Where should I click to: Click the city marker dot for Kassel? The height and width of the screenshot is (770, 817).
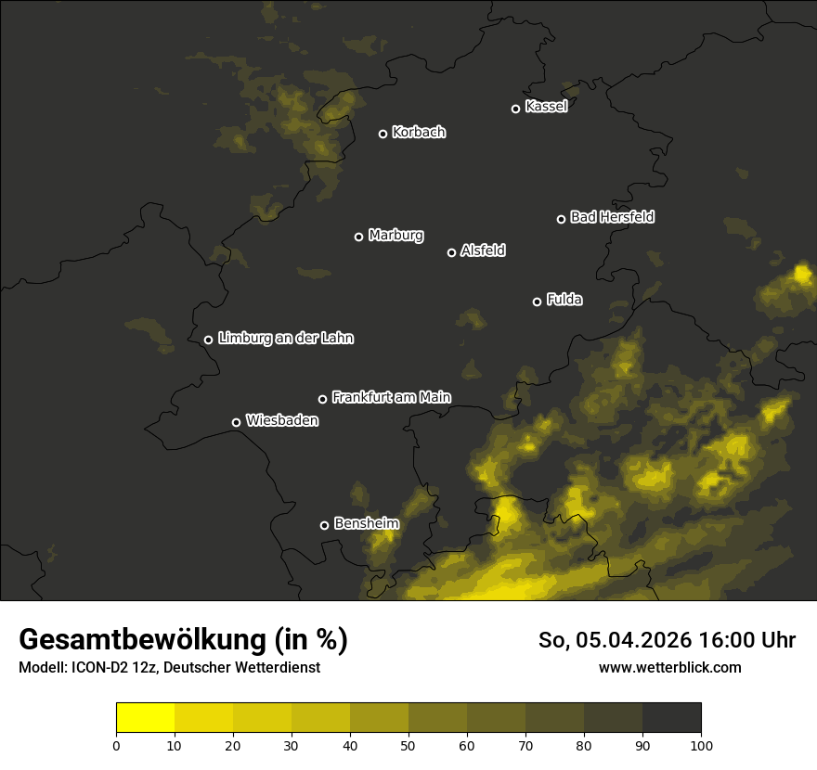pos(516,109)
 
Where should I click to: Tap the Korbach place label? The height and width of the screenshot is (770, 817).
pos(419,133)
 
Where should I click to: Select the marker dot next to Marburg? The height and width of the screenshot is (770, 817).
pos(359,237)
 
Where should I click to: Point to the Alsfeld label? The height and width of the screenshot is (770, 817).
pos(483,250)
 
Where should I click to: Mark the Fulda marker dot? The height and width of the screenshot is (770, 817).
pos(538,302)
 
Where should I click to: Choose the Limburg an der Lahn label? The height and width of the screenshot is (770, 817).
pos(285,339)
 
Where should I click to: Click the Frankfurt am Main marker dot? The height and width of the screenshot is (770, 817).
pos(323,399)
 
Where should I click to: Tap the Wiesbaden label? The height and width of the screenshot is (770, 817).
pos(282,421)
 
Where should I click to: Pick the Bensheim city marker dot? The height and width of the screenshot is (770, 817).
pos(325,525)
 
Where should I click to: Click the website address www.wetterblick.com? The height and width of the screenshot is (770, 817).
pos(669,667)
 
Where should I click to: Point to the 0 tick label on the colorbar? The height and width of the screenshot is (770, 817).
pos(116,745)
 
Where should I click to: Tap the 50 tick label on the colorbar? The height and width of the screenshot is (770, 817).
pos(408,745)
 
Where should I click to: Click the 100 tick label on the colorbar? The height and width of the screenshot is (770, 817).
pos(701,745)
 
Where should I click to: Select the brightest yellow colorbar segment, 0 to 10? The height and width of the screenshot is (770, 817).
pos(146,718)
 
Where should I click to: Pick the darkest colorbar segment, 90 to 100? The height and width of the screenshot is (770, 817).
pos(671,718)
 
